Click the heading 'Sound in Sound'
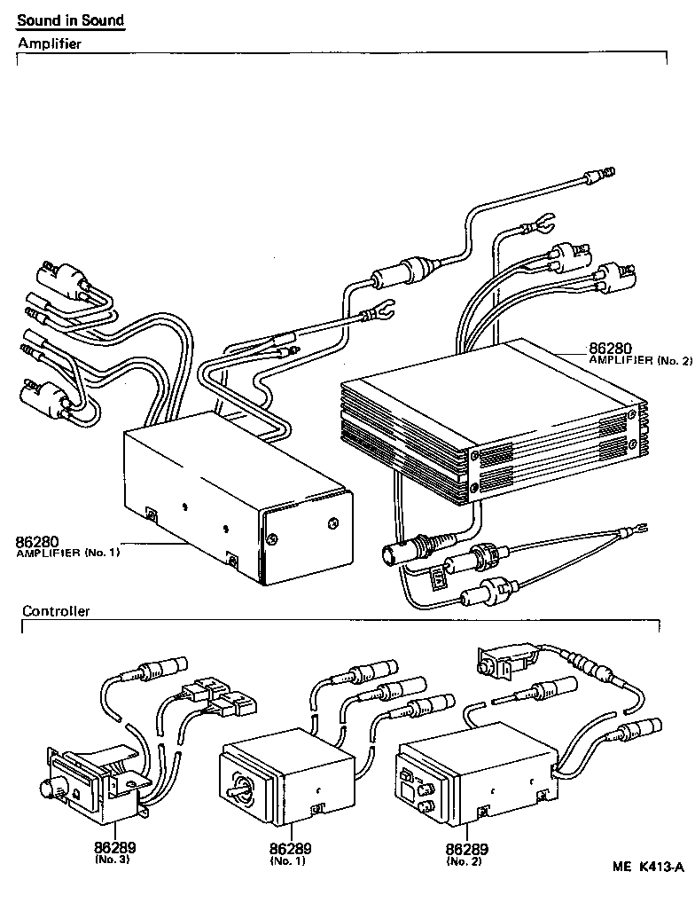[71, 20]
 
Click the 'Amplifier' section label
[50, 43]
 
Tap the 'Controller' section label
[56, 611]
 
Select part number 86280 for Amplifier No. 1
[40, 541]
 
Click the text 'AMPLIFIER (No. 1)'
[67, 553]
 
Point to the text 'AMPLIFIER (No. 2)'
[639, 361]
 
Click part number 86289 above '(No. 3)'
[115, 848]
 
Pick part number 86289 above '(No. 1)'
[293, 848]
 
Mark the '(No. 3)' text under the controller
[114, 860]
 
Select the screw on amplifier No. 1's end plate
[333, 522]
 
